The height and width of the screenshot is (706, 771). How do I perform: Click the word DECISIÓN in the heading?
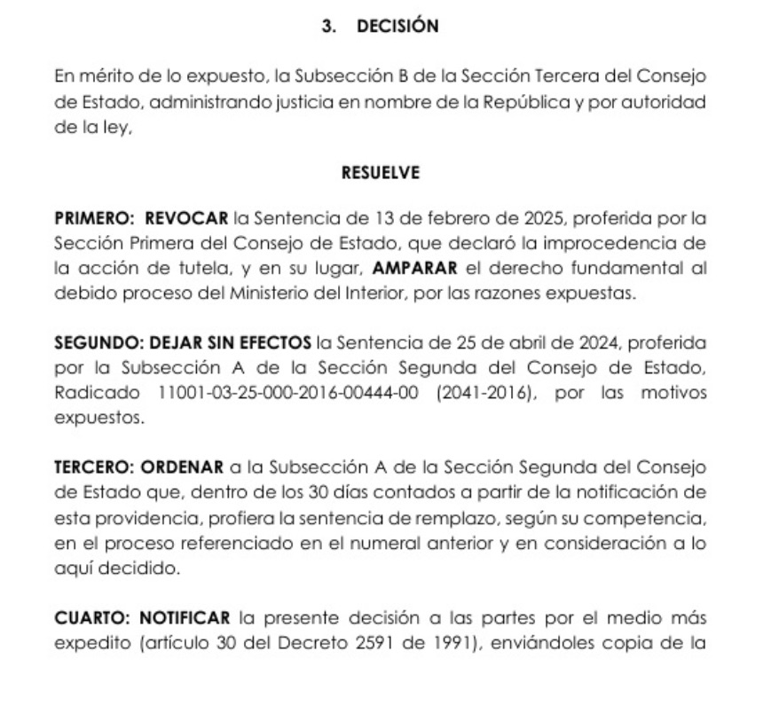pyautogui.click(x=397, y=27)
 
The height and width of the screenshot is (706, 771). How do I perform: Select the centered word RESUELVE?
pyautogui.click(x=381, y=174)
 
